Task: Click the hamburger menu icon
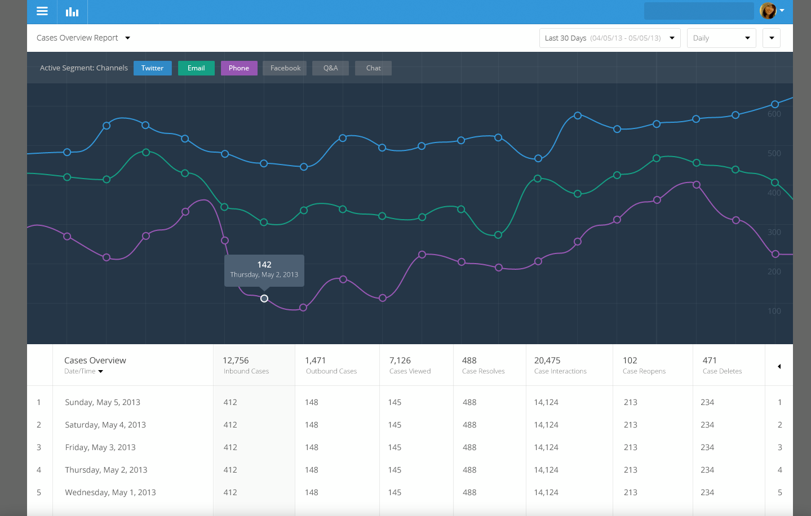coord(42,11)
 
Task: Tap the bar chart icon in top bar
coord(72,12)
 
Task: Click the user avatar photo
coord(768,11)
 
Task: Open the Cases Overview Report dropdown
coord(83,38)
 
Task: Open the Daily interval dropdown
coord(721,38)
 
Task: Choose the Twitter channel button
coord(152,68)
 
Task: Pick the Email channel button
coord(196,68)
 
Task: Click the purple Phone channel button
coord(239,68)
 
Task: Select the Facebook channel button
coord(285,68)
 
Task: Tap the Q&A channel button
coord(331,68)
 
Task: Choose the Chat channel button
coord(373,68)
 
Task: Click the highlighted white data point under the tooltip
coord(264,299)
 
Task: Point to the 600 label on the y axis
coord(774,114)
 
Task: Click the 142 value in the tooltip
coord(264,265)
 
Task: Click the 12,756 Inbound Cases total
coord(236,361)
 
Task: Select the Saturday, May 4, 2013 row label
coord(105,425)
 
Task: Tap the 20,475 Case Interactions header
coord(547,361)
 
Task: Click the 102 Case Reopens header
coord(630,361)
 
